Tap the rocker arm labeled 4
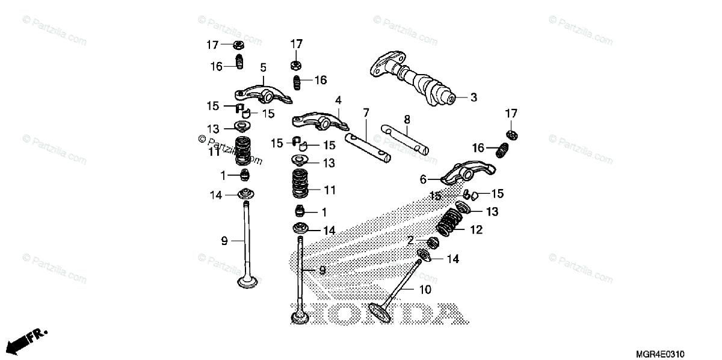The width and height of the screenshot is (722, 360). tap(319, 120)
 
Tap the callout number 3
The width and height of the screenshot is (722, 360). tap(474, 97)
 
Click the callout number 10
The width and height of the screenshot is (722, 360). tap(425, 290)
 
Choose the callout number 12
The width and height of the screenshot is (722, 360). tap(476, 229)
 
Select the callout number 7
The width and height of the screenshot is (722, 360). tap(365, 113)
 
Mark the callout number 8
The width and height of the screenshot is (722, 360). tap(407, 119)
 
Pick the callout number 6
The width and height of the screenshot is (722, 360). tap(422, 179)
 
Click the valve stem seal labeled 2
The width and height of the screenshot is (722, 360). tap(431, 243)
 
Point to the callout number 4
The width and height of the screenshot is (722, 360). tap(338, 99)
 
